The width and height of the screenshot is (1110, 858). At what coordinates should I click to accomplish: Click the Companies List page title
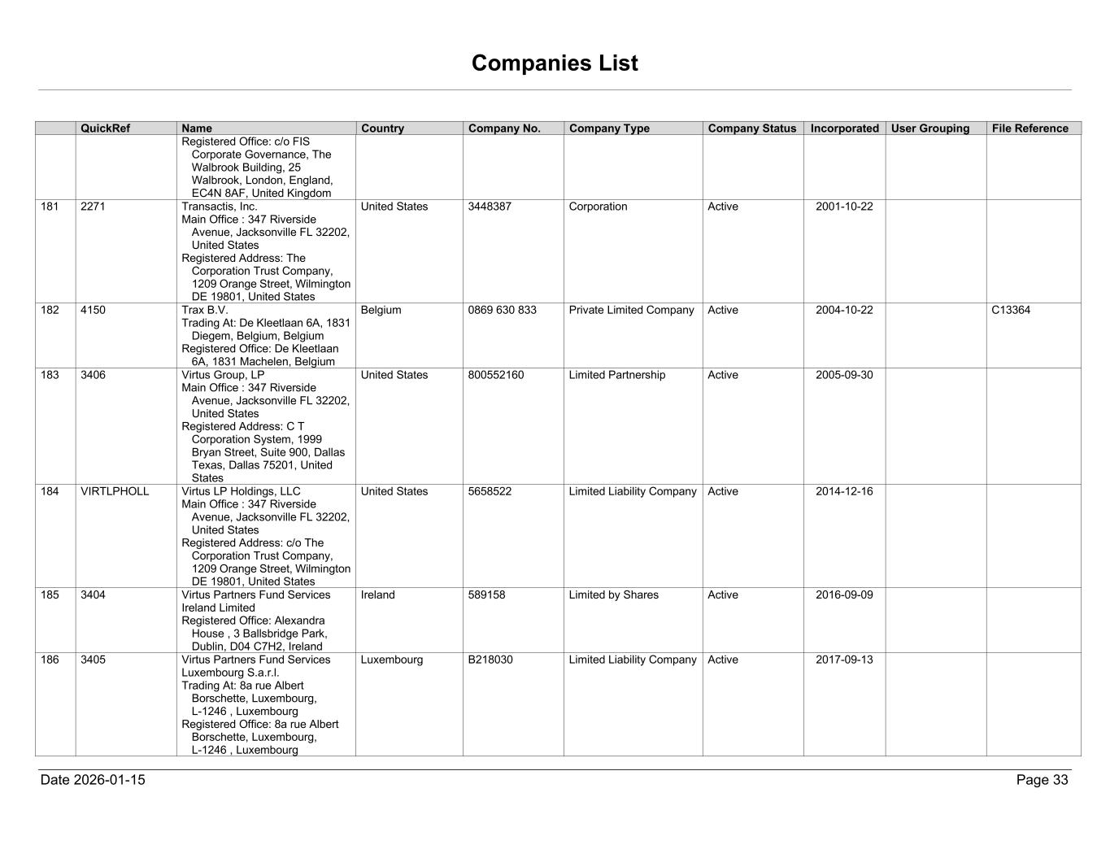pyautogui.click(x=555, y=63)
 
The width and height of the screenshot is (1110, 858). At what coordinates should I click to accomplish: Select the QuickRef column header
pyautogui.click(x=105, y=128)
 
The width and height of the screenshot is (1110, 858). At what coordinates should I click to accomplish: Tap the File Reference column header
pyautogui.click(x=1029, y=128)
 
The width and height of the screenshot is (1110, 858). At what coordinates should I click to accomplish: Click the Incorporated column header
pyautogui.click(x=844, y=128)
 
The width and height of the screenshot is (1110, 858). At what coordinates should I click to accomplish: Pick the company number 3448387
pyautogui.click(x=490, y=207)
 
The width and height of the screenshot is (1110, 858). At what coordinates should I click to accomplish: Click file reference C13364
pyautogui.click(x=1011, y=310)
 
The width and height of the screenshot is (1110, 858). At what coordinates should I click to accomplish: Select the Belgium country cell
pyautogui.click(x=381, y=310)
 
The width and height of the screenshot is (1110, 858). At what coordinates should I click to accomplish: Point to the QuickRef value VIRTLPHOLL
pyautogui.click(x=115, y=491)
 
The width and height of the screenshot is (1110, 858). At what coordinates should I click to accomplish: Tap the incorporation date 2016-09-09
pyautogui.click(x=844, y=595)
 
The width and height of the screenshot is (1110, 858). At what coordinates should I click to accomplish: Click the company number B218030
pyautogui.click(x=490, y=660)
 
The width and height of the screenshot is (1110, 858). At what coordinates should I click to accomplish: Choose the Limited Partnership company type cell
pyautogui.click(x=616, y=375)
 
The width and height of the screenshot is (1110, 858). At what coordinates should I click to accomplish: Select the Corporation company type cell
pyautogui.click(x=598, y=207)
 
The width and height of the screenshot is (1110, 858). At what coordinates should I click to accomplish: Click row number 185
pyautogui.click(x=50, y=595)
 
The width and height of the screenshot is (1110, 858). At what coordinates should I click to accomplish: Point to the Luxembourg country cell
pyautogui.click(x=392, y=660)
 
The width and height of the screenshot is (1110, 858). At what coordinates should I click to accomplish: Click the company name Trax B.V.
pyautogui.click(x=205, y=310)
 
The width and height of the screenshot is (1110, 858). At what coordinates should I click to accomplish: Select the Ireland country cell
pyautogui.click(x=377, y=595)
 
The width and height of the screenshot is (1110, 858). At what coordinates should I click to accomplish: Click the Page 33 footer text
pyautogui.click(x=1042, y=780)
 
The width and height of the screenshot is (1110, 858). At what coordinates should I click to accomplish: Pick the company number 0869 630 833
pyautogui.click(x=502, y=310)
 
